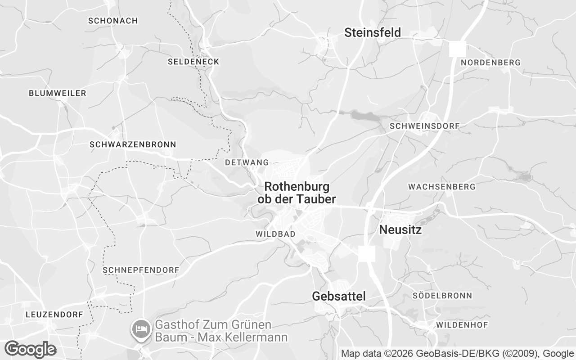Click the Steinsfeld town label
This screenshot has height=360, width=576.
[x=372, y=32]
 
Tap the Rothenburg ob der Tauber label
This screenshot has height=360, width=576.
[x=297, y=193]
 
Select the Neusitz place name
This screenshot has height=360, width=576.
[x=400, y=230]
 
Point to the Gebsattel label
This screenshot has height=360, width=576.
[x=339, y=296]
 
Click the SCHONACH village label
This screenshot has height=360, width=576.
[x=113, y=21]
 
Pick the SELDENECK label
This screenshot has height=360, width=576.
[x=193, y=62]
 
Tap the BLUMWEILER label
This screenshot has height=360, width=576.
[x=57, y=93]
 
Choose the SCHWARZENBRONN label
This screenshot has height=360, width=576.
[x=133, y=144]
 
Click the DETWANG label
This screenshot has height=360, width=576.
[x=247, y=162]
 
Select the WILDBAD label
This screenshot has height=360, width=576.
[x=275, y=234]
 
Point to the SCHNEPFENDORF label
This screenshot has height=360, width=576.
[x=141, y=270]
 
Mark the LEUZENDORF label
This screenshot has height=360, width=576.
[x=54, y=315]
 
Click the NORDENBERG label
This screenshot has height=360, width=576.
[x=490, y=63]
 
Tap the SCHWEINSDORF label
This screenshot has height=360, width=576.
[x=424, y=126]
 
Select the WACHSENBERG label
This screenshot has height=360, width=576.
[x=441, y=186]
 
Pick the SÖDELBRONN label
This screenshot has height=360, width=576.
[x=442, y=296]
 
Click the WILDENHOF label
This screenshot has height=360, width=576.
[x=460, y=324]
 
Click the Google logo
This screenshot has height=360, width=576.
[x=30, y=349]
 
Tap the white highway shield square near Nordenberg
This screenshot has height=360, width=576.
[x=457, y=49]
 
